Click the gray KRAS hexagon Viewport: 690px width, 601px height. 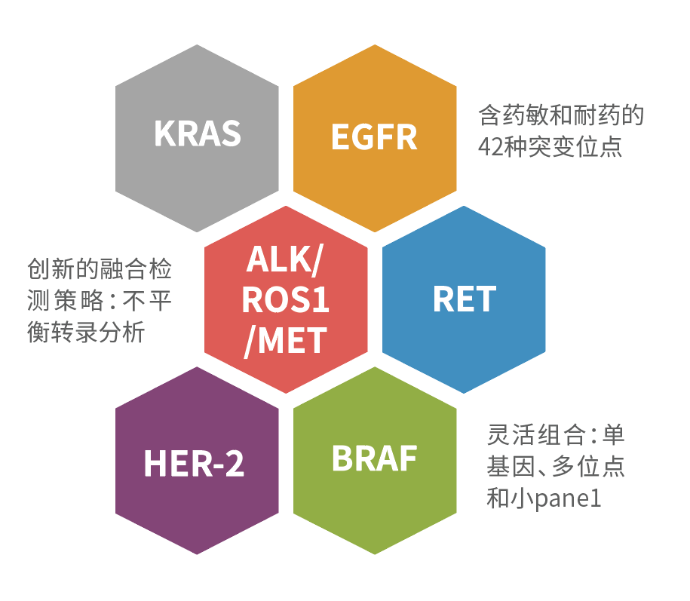(197, 138)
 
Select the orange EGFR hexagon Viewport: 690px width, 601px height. (375, 138)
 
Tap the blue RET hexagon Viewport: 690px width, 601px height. (464, 299)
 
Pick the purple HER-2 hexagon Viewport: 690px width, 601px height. (197, 461)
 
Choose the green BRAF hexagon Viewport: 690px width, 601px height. (375, 461)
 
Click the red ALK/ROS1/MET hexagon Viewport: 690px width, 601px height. (286, 299)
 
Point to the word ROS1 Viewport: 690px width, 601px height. (286, 300)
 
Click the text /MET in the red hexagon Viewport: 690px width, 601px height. (286, 341)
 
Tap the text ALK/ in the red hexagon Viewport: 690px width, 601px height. (285, 260)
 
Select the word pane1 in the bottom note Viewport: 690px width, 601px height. (568, 499)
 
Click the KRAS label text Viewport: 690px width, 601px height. (198, 133)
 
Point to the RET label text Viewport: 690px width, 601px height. (465, 299)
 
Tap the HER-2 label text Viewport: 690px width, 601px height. (194, 463)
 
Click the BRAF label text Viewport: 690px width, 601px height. (375, 458)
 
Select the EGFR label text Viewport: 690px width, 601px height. (374, 136)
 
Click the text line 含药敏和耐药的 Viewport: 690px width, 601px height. (561, 115)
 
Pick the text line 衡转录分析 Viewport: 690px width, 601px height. (86, 332)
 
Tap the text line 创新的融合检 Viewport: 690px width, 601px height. (100, 268)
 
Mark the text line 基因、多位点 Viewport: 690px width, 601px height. (556, 467)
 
